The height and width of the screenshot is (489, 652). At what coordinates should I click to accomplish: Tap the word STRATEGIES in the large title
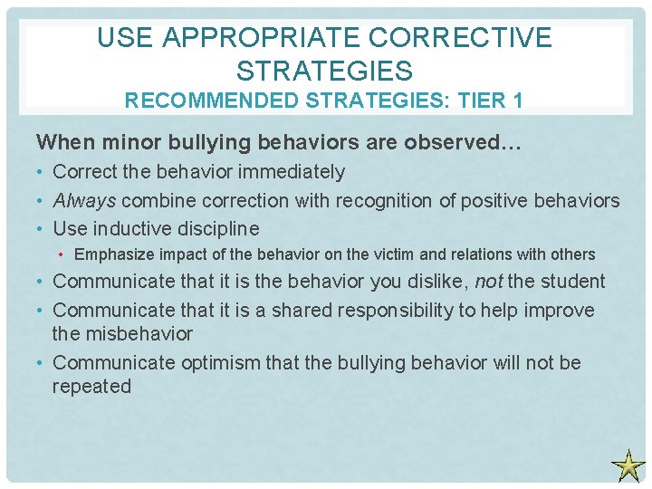(323, 70)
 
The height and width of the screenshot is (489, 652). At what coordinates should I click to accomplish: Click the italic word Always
(84, 200)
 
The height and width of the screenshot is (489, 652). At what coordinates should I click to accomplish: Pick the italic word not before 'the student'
(488, 282)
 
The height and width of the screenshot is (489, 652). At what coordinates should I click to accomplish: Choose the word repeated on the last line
(91, 387)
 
